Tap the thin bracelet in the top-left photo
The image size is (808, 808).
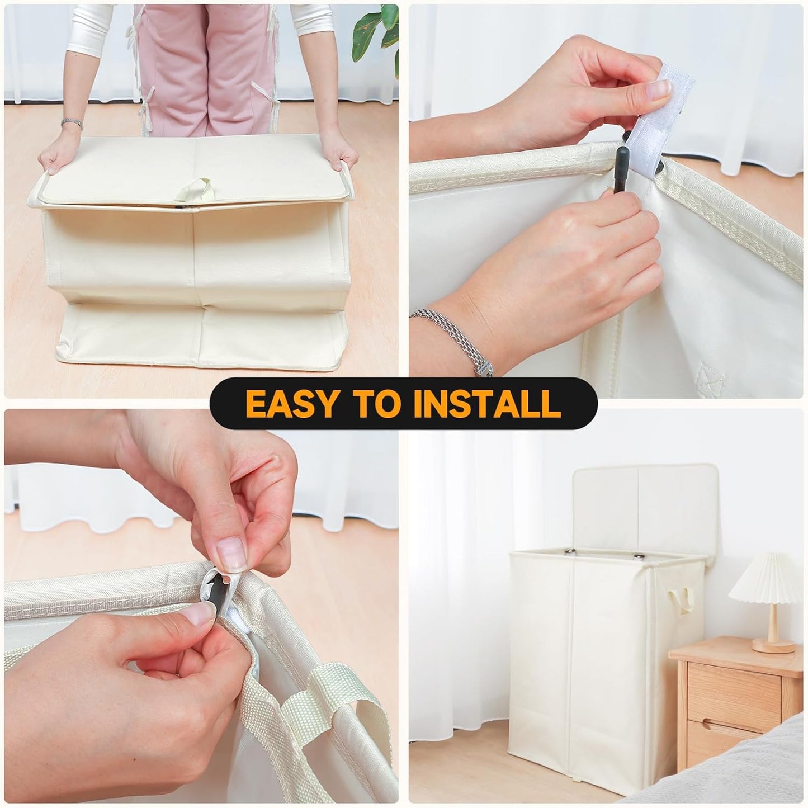click(72, 122)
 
